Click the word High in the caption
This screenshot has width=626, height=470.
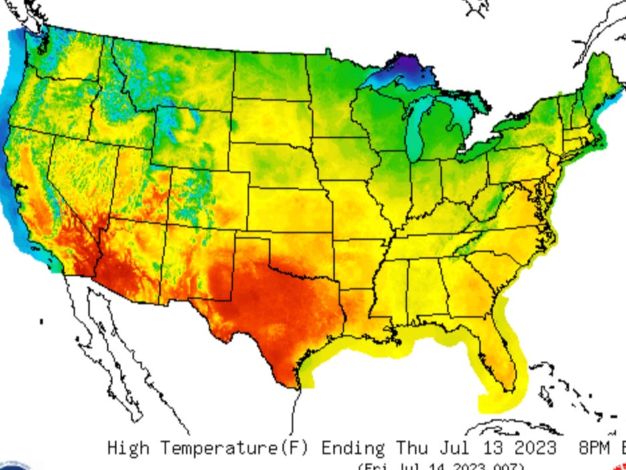coord(128,447)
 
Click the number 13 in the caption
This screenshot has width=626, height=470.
coord(487,447)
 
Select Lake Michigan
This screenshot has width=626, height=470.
coord(417,131)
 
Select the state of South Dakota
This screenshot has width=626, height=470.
coord(271,121)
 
